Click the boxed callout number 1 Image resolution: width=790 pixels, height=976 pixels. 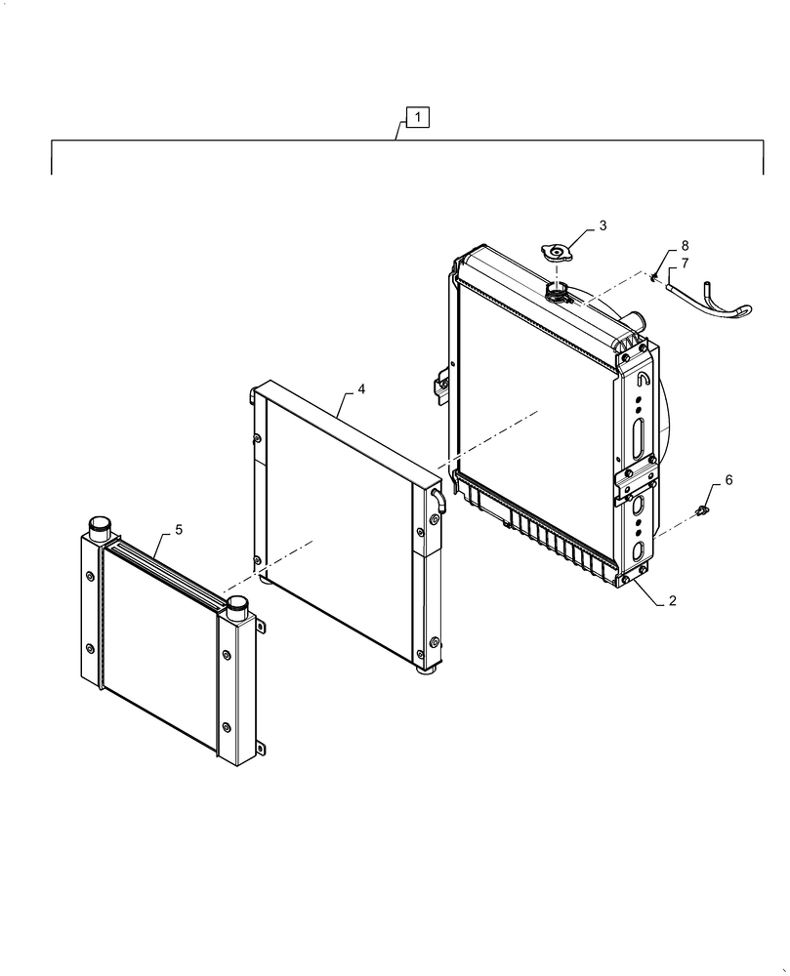click(x=418, y=117)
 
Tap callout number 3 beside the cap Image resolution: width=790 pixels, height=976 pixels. click(x=603, y=225)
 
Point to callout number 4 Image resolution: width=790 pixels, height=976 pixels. click(x=361, y=389)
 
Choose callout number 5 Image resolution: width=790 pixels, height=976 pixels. click(x=179, y=530)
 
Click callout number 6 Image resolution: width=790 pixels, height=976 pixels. click(x=728, y=480)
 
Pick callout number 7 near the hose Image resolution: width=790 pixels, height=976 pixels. click(x=685, y=264)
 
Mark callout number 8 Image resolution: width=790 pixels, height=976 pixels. click(x=685, y=245)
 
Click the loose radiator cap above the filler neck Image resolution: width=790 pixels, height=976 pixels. click(x=556, y=254)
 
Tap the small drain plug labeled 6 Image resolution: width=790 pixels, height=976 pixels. click(x=701, y=511)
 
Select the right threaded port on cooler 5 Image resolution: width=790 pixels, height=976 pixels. click(x=237, y=607)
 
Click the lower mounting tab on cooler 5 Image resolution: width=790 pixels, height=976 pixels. click(x=261, y=748)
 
